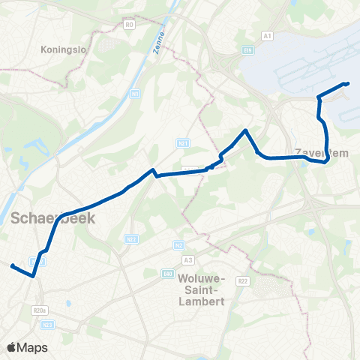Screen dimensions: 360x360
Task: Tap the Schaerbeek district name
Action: [x=43, y=217]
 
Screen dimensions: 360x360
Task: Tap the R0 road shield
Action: [x=129, y=25]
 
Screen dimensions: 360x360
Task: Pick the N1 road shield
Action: [x=135, y=94]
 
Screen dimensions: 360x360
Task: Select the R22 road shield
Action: [x=242, y=280]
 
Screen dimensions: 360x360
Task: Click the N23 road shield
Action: [x=47, y=324]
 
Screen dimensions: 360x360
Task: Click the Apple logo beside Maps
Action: [x=11, y=347]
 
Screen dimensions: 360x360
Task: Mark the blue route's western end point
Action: [x=12, y=265]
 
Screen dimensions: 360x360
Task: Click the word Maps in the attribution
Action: [x=33, y=347]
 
